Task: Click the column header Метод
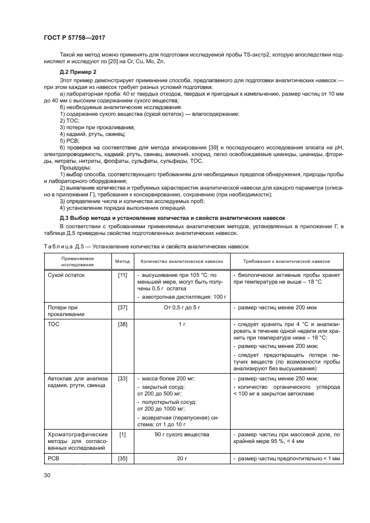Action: click(x=122, y=261)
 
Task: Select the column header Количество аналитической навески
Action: click(x=181, y=261)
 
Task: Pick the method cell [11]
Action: click(x=122, y=275)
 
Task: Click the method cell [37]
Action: click(x=122, y=308)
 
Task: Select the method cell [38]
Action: click(x=122, y=324)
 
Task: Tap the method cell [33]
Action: click(x=122, y=379)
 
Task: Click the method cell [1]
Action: click(x=122, y=434)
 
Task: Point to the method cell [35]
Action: click(x=122, y=458)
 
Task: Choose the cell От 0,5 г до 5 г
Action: click(x=181, y=308)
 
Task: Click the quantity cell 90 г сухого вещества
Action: click(x=181, y=434)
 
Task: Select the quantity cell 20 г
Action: click(x=181, y=458)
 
